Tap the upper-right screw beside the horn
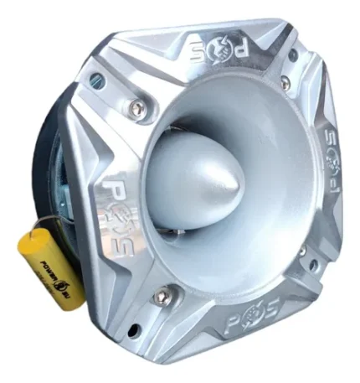(285, 83)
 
